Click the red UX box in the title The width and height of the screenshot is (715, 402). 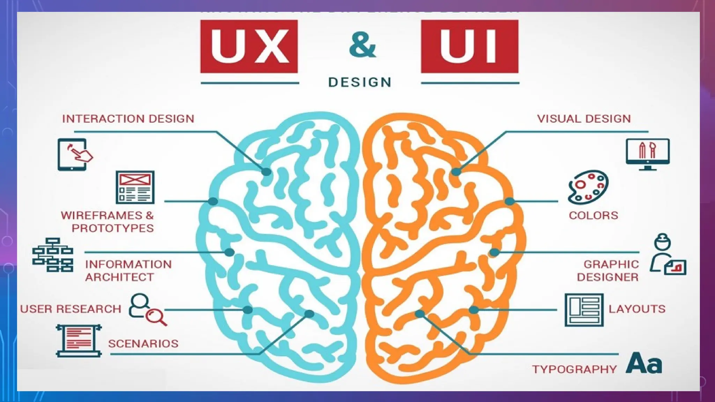point(249,46)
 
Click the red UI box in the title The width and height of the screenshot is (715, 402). point(470,46)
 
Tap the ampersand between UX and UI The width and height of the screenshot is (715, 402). point(362,46)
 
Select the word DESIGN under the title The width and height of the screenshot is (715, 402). point(360,82)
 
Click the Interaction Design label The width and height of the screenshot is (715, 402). point(128,119)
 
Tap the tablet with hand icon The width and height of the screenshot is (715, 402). point(74,154)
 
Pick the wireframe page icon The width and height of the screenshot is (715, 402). point(135,187)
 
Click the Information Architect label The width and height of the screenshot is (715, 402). point(128,270)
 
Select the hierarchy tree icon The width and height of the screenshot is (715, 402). point(53,255)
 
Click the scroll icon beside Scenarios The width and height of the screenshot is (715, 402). point(79,341)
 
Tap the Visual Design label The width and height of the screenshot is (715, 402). point(584,119)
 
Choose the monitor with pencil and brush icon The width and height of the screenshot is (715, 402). point(648,154)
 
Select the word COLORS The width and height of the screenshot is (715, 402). point(593,215)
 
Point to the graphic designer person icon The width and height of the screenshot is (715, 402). point(667,255)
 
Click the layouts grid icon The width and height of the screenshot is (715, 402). point(584,310)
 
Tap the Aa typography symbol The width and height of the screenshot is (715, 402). point(643,363)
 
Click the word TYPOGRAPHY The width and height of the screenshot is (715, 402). point(574,369)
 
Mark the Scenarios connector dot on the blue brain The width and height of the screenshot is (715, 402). point(309,314)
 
